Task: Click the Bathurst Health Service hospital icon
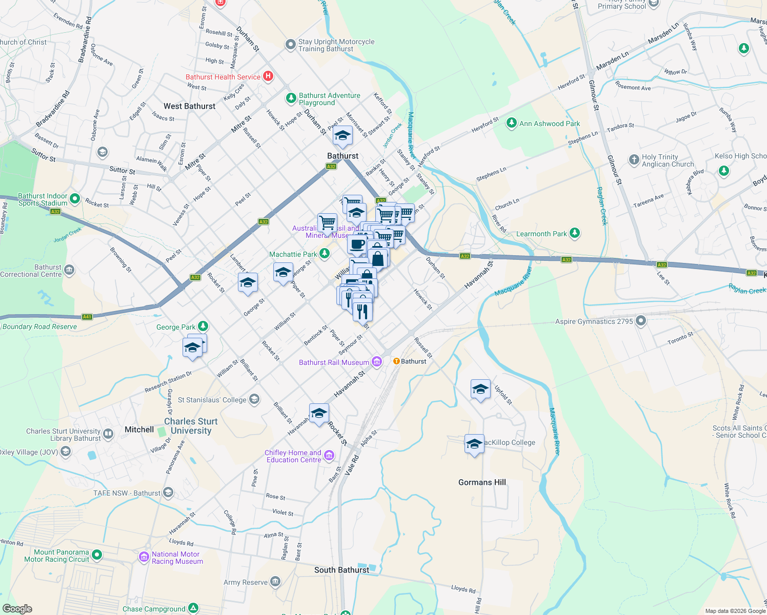[x=268, y=76]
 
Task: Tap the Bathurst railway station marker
[x=396, y=361]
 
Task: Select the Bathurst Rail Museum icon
[x=377, y=362]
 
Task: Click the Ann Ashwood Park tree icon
[x=511, y=123]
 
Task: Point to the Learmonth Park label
[x=541, y=234]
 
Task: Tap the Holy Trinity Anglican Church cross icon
[x=634, y=160]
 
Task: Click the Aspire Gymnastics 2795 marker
[x=641, y=321]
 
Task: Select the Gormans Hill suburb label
[x=482, y=482]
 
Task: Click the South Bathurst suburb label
[x=341, y=570]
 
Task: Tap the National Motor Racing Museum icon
[x=144, y=557]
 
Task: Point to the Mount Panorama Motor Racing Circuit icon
[x=97, y=555]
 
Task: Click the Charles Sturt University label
[x=191, y=426]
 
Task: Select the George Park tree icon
[x=203, y=326]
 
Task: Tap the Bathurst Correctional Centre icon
[x=69, y=270]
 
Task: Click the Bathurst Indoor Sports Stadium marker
[x=75, y=198]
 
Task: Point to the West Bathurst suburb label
[x=189, y=106]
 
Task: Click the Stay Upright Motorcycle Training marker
[x=291, y=45]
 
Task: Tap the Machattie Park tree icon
[x=324, y=254]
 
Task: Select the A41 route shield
[x=87, y=317]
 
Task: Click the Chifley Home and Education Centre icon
[x=329, y=455]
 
